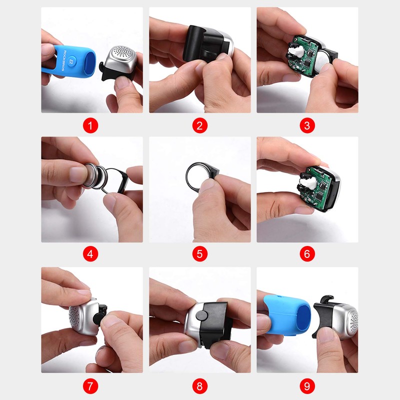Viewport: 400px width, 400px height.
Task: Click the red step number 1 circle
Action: coord(91,125)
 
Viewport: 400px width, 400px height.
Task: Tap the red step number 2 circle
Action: coord(199,125)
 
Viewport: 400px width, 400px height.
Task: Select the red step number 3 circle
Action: coord(307,125)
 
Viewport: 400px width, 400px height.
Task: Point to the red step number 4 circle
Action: coord(91,254)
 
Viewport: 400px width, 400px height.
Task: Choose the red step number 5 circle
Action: coord(199,254)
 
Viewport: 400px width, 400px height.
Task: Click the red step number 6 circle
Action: coord(307,254)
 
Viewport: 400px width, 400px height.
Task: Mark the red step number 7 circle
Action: coord(91,386)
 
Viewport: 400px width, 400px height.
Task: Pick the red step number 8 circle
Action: coord(199,386)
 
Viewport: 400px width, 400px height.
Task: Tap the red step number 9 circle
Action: coord(307,386)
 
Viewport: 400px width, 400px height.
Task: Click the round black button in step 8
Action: coord(200,315)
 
